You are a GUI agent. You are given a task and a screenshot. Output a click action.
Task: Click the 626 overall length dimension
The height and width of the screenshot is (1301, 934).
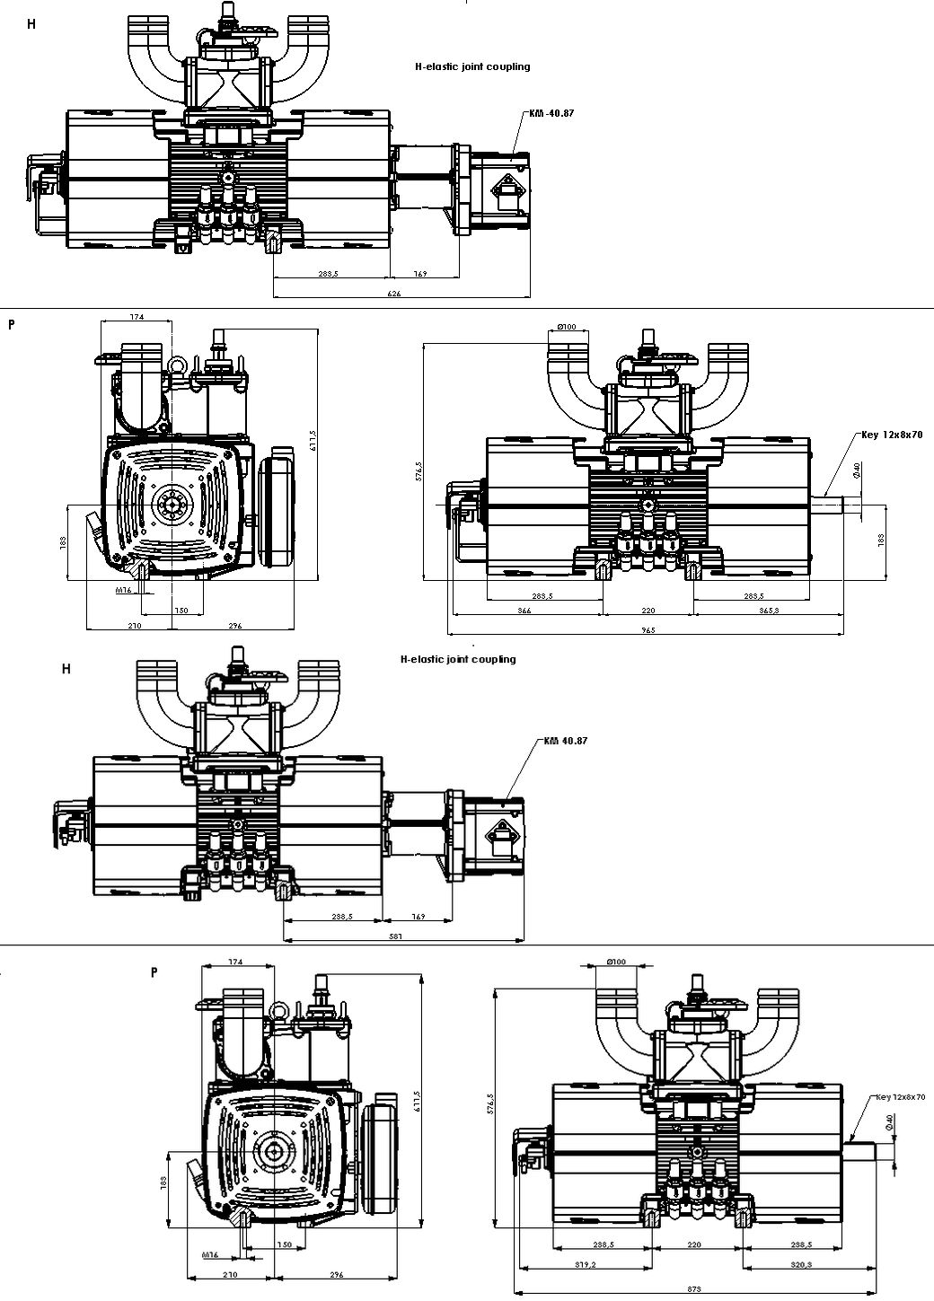click(x=393, y=294)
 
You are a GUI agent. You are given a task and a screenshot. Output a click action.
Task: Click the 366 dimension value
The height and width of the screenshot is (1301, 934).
click(x=524, y=611)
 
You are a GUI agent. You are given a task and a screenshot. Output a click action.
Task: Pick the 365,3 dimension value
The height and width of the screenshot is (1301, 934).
click(x=767, y=611)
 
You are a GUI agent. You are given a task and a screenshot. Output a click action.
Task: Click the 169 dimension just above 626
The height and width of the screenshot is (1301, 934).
click(x=419, y=273)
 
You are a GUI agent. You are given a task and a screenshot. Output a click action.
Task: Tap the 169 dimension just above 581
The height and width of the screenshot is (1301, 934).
click(x=418, y=917)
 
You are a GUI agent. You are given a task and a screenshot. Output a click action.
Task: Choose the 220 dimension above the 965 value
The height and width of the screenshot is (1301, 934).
click(x=648, y=611)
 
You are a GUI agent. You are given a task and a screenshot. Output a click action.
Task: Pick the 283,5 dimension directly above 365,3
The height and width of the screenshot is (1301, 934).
click(x=753, y=595)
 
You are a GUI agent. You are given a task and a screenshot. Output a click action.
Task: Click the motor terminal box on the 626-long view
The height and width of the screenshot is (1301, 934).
click(x=507, y=191)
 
